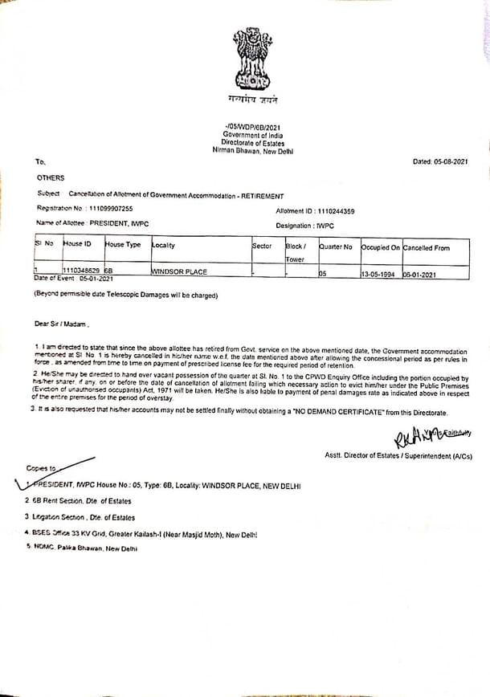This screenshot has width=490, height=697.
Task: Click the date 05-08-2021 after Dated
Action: click(451, 161)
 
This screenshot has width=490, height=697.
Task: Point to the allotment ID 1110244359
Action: click(337, 210)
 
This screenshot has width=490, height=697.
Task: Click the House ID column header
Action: click(77, 243)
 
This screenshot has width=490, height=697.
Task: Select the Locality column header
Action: click(163, 245)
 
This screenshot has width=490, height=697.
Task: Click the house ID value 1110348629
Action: click(81, 271)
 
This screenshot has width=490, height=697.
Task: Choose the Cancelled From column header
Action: click(426, 247)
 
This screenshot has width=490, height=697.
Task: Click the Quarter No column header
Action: click(336, 247)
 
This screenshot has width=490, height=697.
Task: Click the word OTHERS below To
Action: click(51, 177)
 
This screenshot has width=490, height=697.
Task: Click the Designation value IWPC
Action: click(329, 226)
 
